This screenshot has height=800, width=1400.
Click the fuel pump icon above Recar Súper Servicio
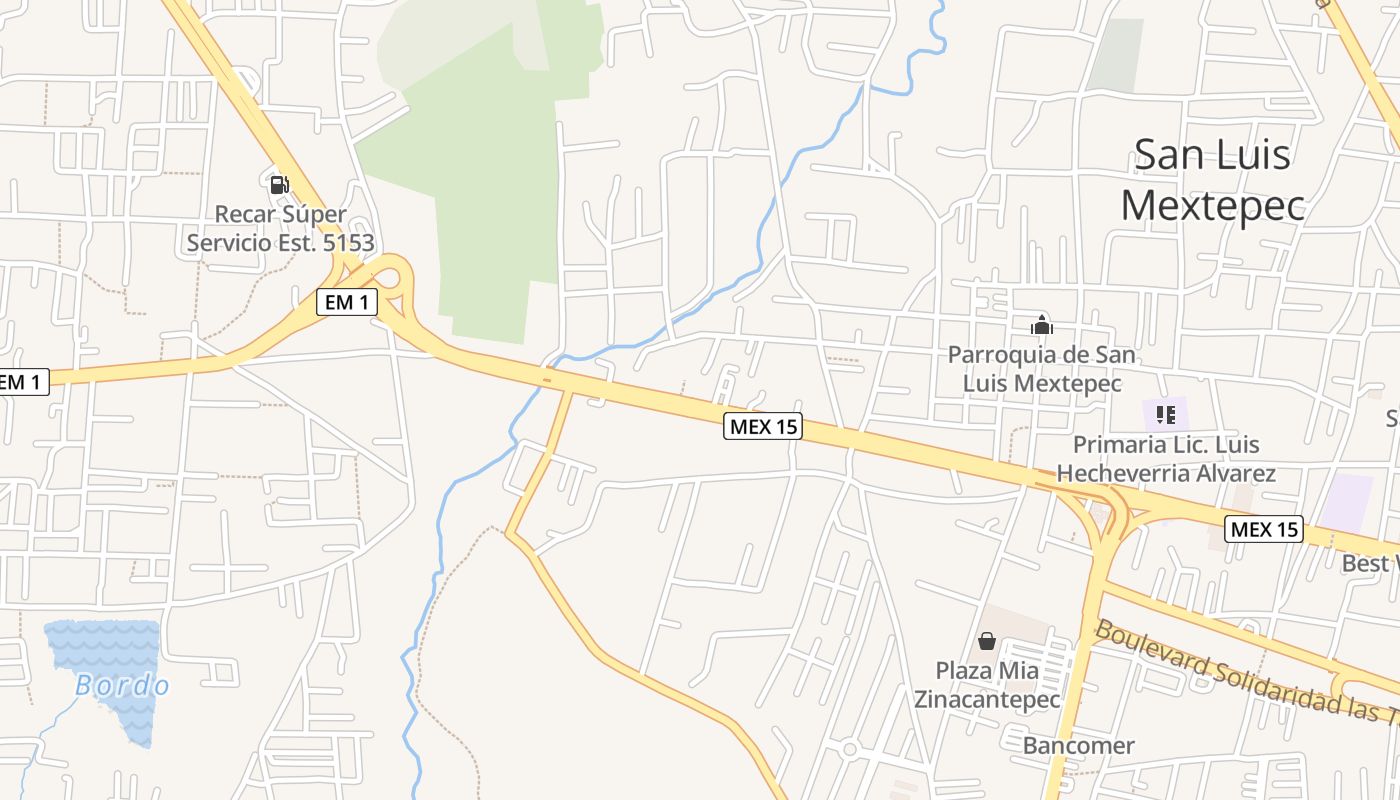tap(279, 184)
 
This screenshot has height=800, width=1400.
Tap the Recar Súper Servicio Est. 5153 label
tap(280, 228)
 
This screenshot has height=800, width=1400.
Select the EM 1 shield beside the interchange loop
tap(346, 302)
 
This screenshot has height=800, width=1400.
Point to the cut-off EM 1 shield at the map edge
tap(22, 381)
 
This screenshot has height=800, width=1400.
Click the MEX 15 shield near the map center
tap(763, 427)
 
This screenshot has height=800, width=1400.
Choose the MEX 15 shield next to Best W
tap(1264, 529)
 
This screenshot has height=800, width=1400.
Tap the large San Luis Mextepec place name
tap(1213, 180)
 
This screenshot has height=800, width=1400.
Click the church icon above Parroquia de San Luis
tap(1042, 325)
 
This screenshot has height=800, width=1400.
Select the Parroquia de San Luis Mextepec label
tap(1042, 369)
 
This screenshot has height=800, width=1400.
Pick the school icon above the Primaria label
tap(1165, 414)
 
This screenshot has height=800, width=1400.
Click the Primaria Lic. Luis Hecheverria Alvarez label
tap(1166, 459)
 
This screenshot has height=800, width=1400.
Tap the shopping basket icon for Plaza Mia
tap(987, 641)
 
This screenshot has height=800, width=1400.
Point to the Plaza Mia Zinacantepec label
tap(987, 684)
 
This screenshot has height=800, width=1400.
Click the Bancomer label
tap(1078, 745)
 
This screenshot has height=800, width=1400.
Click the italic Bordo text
tap(122, 686)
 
